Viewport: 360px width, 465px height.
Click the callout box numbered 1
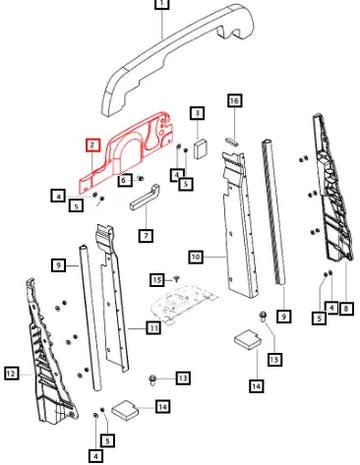(x=162, y=4)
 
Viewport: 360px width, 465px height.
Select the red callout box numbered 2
(x=93, y=145)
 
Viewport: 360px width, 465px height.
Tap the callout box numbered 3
(x=197, y=113)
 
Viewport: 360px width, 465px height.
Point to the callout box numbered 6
(x=124, y=180)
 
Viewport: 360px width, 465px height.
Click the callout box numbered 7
(x=146, y=236)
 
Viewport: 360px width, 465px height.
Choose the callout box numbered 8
(x=346, y=309)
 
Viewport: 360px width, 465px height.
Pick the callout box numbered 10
(x=196, y=257)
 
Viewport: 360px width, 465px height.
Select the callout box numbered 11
(x=153, y=328)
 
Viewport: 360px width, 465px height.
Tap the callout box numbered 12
(x=11, y=373)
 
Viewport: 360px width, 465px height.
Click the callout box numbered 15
(x=157, y=280)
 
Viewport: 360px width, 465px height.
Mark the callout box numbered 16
(x=235, y=101)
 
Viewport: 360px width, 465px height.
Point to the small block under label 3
(x=200, y=148)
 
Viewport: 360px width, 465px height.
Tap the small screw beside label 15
(x=177, y=278)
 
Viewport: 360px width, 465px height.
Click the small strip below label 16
(x=232, y=141)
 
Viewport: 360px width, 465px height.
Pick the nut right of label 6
(x=141, y=178)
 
